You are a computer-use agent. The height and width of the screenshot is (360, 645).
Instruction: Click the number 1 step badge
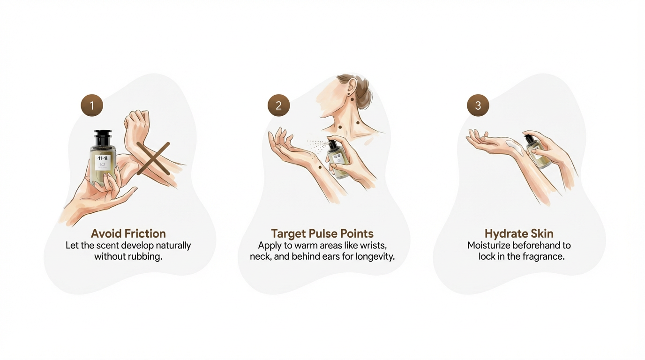click(x=92, y=105)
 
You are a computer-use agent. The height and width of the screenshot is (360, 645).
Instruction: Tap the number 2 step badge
click(x=279, y=105)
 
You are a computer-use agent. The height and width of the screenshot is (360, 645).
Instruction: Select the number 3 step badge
click(x=478, y=105)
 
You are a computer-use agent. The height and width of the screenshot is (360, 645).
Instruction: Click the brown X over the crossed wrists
click(x=153, y=158)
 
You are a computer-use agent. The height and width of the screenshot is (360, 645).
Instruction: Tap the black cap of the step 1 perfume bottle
click(x=103, y=138)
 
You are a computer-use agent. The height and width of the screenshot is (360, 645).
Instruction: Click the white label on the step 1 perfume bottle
click(x=103, y=163)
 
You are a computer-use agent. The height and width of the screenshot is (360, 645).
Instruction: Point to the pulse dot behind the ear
click(x=352, y=99)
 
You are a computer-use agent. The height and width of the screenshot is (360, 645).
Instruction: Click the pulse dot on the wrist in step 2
click(x=320, y=167)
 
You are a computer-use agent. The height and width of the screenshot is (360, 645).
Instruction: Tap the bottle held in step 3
click(x=537, y=152)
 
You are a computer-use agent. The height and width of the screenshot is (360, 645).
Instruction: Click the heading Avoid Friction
click(x=128, y=233)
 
